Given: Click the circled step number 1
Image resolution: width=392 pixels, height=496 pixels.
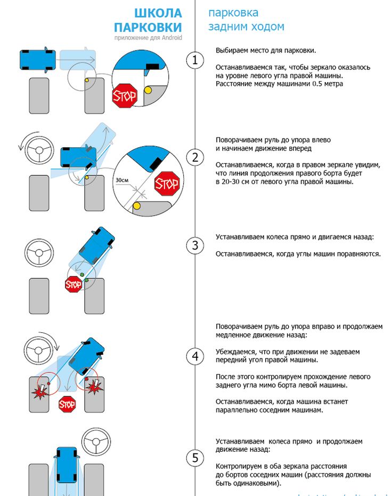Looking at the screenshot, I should [x=195, y=60].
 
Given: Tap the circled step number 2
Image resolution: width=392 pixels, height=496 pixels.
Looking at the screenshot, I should [x=195, y=157].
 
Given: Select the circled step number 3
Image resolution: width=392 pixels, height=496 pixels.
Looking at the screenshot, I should [x=195, y=246].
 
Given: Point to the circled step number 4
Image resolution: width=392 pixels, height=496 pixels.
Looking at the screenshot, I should [x=195, y=356].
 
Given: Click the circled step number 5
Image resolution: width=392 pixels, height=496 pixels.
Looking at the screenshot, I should [x=195, y=458].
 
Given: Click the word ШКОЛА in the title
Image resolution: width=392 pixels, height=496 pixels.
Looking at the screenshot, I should [x=158, y=13].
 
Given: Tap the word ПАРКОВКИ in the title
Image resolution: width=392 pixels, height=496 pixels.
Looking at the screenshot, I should [x=148, y=27].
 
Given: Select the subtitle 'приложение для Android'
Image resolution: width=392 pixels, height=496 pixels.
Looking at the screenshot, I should [x=148, y=38].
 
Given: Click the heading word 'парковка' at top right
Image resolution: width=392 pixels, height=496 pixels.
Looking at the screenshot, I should [x=233, y=12].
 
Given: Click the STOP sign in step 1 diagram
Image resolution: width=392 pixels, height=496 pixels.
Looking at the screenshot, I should [x=124, y=96].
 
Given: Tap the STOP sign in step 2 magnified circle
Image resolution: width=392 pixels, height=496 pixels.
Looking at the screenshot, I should [x=166, y=184].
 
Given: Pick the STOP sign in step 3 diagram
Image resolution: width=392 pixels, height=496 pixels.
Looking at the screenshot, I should [x=73, y=285].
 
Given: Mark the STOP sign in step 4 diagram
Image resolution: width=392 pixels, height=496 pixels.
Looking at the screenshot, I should [x=67, y=405].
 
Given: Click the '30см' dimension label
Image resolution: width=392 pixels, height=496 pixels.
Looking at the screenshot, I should [x=122, y=180].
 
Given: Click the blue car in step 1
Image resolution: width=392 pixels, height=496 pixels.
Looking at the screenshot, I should [x=37, y=60].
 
